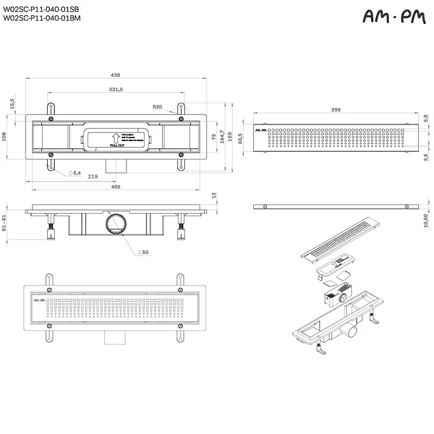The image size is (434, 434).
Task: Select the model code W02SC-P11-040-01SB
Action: click(x=41, y=10)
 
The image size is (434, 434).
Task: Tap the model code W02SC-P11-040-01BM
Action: click(x=41, y=17)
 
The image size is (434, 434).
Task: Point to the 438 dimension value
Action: click(x=116, y=75)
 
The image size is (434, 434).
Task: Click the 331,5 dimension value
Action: click(x=116, y=89)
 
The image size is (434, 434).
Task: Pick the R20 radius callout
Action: click(x=157, y=106)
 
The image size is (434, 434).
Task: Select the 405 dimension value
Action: click(x=116, y=187)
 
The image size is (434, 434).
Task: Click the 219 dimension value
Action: click(x=92, y=176)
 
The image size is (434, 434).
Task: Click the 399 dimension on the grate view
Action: click(x=335, y=110)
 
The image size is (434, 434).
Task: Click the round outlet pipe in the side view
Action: click(x=116, y=223)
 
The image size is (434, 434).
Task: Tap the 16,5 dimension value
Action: click(x=11, y=103)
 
